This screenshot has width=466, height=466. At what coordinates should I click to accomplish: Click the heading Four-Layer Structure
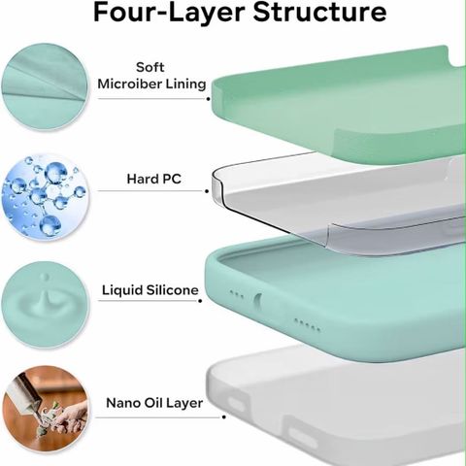[x=240, y=13]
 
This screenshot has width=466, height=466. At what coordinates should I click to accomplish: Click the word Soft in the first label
[x=150, y=67]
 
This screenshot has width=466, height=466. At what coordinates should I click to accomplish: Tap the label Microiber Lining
[x=151, y=84]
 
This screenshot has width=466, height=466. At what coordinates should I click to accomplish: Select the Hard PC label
[x=153, y=179]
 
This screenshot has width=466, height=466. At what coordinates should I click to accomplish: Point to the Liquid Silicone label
[x=150, y=290]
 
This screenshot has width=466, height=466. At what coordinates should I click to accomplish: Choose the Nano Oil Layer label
[x=154, y=403]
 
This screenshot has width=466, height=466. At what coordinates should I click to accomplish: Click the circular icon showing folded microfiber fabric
[x=45, y=86]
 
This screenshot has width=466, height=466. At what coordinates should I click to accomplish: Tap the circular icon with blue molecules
[x=45, y=197]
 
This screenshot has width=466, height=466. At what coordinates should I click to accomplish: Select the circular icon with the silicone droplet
[x=45, y=305]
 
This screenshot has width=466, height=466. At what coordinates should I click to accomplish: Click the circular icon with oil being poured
[x=45, y=409]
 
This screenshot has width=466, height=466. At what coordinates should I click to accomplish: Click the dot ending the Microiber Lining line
[x=208, y=99]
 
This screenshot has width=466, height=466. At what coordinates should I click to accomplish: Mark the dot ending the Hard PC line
[x=207, y=191]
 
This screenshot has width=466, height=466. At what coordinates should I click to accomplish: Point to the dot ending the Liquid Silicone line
[x=200, y=301]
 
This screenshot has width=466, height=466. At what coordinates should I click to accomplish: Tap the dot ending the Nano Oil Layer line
[x=224, y=417]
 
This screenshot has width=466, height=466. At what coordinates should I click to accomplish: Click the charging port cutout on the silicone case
[x=257, y=301]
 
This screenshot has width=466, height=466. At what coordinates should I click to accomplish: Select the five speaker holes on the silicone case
[x=307, y=325]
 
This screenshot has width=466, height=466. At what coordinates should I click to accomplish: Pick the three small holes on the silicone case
[x=237, y=294]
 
